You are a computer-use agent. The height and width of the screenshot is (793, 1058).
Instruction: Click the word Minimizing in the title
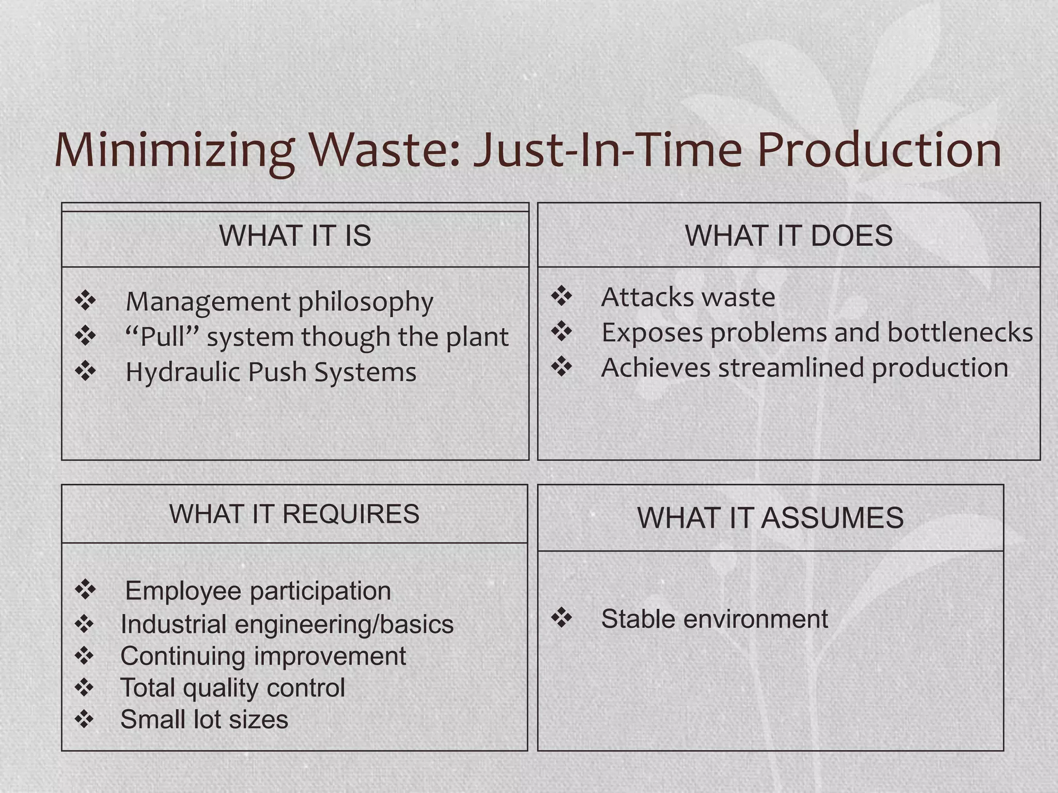click(175, 151)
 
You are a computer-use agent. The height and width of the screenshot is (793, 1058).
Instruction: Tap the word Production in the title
click(879, 151)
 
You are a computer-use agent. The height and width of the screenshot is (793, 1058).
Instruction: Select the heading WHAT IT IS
click(295, 236)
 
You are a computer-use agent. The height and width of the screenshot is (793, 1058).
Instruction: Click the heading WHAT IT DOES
click(788, 236)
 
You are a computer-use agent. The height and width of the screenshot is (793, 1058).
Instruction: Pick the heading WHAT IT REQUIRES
click(294, 514)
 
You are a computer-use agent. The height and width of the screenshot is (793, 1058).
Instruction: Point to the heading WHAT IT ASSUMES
click(770, 518)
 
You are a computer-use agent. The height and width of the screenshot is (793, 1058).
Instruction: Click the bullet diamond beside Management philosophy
click(85, 300)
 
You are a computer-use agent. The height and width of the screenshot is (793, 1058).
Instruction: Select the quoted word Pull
click(162, 337)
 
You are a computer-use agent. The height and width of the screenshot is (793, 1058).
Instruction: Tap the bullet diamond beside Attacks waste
click(562, 296)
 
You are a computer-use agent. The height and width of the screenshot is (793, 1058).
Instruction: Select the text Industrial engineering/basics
click(287, 624)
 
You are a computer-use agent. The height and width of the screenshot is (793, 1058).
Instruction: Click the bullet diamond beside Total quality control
click(84, 687)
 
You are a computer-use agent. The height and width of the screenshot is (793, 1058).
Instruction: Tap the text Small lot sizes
click(204, 719)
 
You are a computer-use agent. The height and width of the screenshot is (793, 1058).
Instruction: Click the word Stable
click(638, 618)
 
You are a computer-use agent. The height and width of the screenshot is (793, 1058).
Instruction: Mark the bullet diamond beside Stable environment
click(562, 617)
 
